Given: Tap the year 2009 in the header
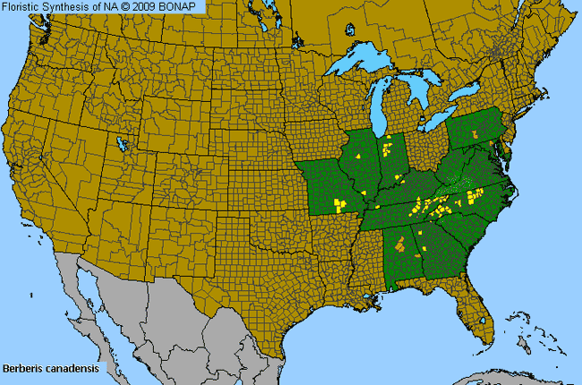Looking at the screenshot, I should tap(163, 6).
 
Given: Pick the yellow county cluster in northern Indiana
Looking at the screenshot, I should tap(386, 145).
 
